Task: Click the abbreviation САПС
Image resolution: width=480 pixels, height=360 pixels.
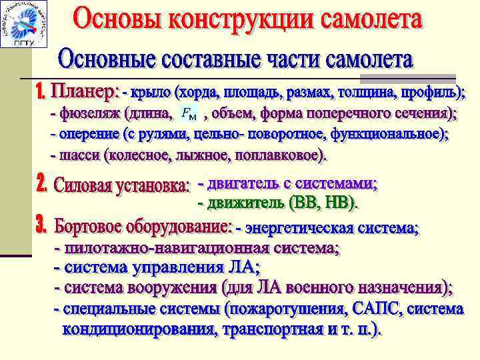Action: click(381, 309)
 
